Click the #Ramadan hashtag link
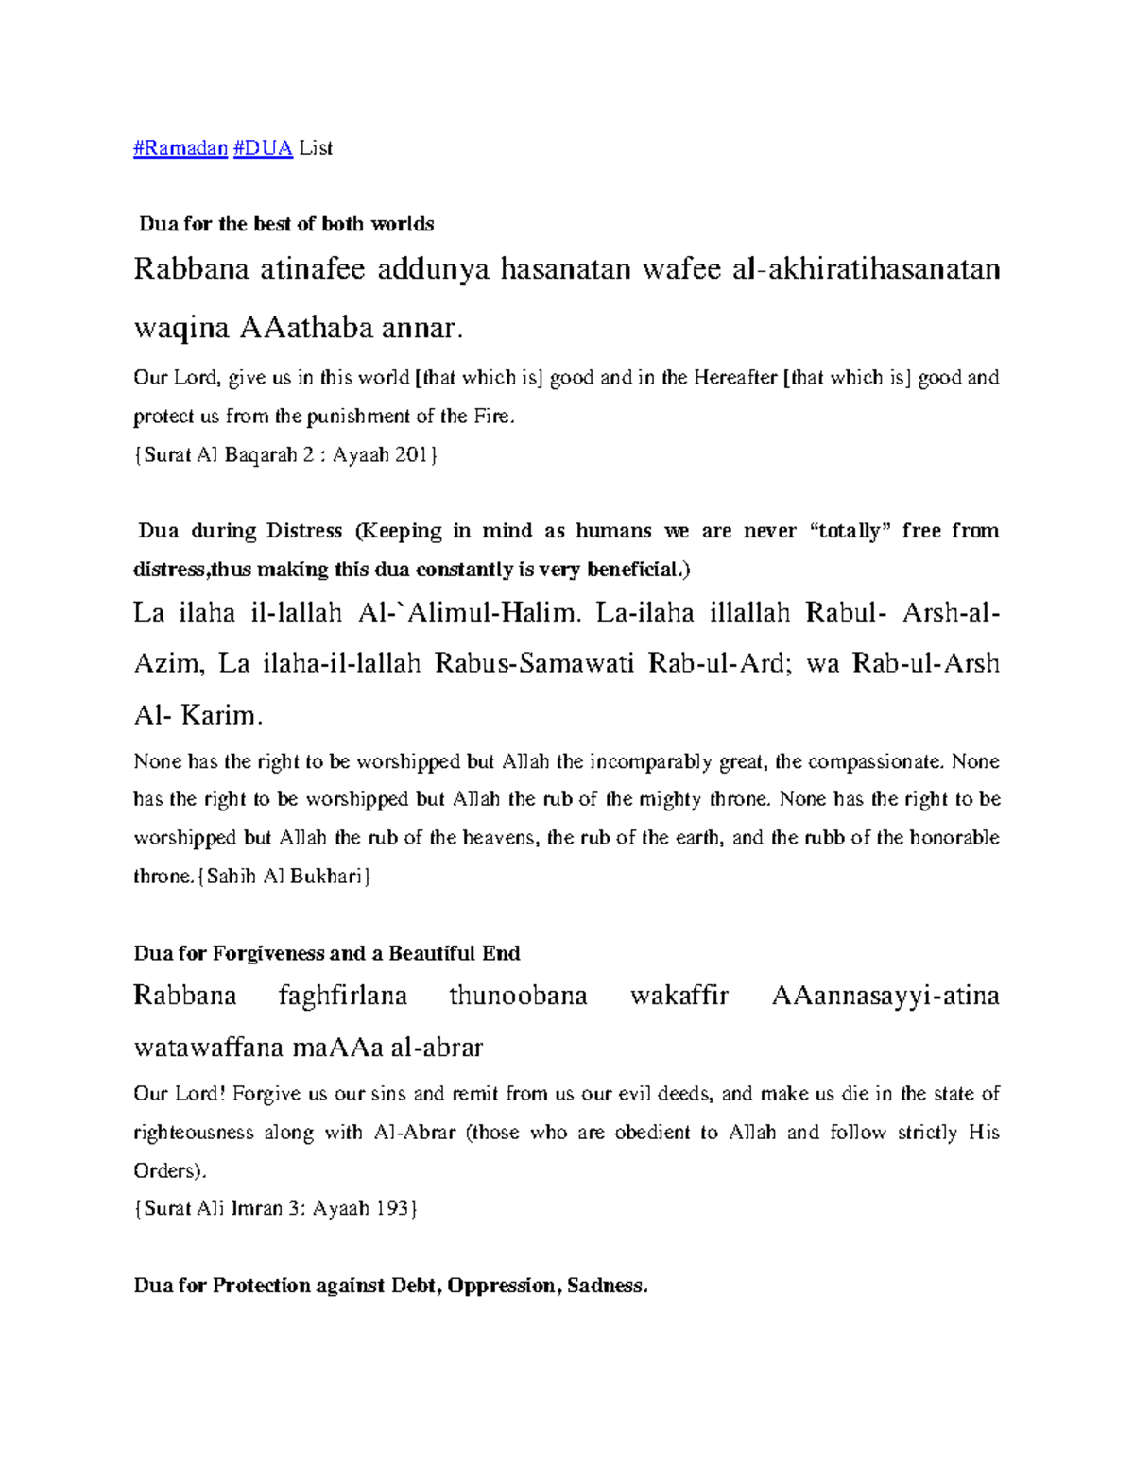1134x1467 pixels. [x=180, y=148]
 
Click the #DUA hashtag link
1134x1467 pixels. [x=263, y=148]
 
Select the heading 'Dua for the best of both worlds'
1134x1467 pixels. [x=286, y=225]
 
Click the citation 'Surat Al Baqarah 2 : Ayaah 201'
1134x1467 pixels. [x=285, y=455]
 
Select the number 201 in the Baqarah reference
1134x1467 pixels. [x=411, y=455]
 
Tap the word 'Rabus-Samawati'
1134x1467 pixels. [x=534, y=664]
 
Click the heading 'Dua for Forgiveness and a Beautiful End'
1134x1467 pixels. [x=327, y=953]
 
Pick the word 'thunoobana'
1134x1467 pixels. [x=518, y=996]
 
